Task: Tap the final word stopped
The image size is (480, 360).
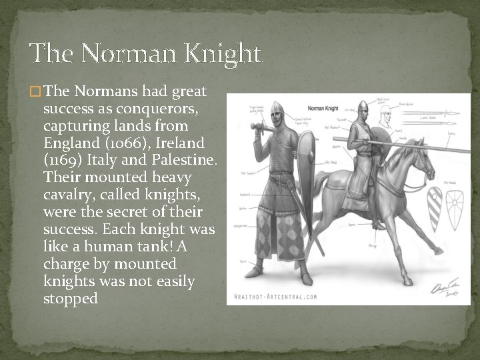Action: pos(70,299)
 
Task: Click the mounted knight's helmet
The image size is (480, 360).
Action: pos(363,107)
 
